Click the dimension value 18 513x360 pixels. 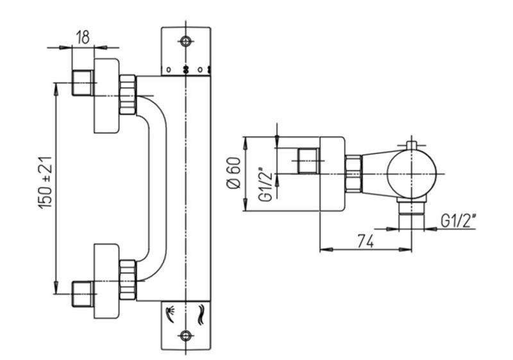pos(82,37)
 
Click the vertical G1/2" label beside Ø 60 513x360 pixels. pos(262,185)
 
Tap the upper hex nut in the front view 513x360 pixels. pos(128,96)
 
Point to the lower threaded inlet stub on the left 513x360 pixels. pos(82,294)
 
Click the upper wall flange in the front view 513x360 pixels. pos(106,96)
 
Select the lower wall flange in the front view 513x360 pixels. pos(106,281)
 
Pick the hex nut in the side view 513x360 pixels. pos(353,173)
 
